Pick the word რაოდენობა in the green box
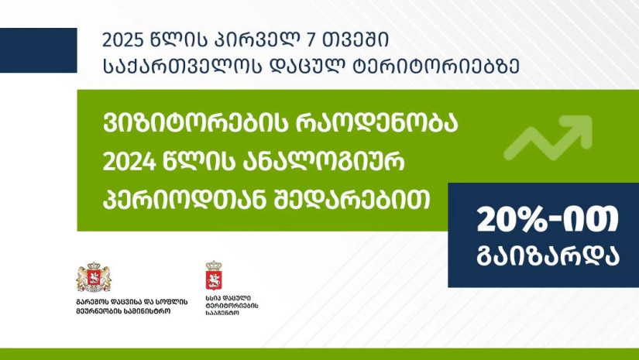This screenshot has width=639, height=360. pos(376,124)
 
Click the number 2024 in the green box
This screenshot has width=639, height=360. pos(129,163)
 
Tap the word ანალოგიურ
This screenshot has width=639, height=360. pos(325,163)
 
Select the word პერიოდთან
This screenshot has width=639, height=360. pos(180,201)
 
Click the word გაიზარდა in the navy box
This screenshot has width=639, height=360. pos(548,256)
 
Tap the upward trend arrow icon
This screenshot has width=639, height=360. pos(548,137)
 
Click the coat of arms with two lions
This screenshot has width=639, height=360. pos(94,277)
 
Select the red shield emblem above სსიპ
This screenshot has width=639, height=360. pos(214,276)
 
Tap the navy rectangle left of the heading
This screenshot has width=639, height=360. pos(38,50)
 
